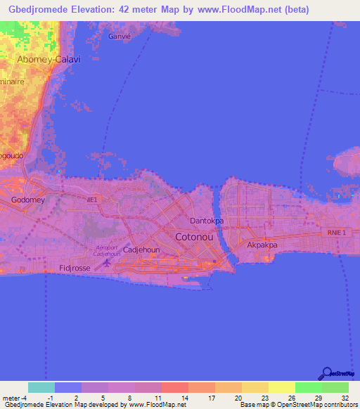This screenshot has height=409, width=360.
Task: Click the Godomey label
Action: point(27,200)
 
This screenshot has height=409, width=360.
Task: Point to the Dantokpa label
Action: point(207,221)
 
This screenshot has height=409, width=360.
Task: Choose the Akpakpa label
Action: point(262,245)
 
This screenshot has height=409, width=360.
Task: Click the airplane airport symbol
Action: point(107,263)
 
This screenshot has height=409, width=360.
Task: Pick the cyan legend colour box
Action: point(41,387)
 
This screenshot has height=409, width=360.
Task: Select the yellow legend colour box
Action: point(281,387)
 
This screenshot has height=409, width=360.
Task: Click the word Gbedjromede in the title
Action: point(35,11)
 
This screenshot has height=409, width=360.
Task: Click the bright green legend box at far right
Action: point(335,387)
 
